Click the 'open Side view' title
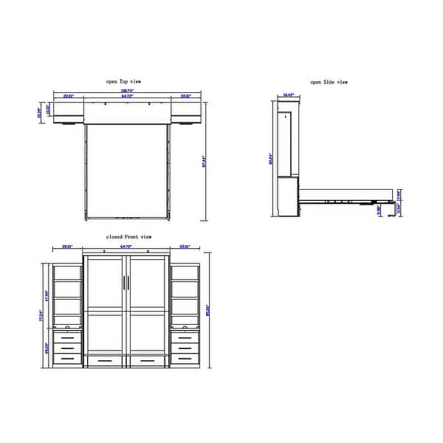[x=329, y=82]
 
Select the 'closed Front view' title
[x=128, y=236]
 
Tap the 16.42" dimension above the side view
[x=287, y=96]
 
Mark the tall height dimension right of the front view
[x=209, y=306]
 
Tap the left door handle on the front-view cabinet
[x=122, y=283]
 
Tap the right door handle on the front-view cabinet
[x=128, y=283]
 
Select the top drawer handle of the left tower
[x=68, y=338]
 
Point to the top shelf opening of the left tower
[x=68, y=272]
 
